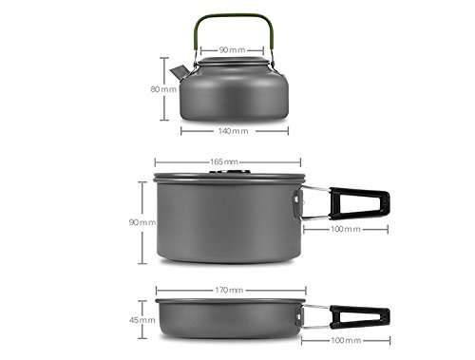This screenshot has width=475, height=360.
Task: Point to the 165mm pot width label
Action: pyautogui.click(x=225, y=162)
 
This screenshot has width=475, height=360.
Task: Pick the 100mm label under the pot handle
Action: pyautogui.click(x=345, y=230)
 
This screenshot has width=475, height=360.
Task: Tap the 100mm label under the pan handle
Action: pyautogui.click(x=345, y=339)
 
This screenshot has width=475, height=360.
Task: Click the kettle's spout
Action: pyautogui.click(x=178, y=71)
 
